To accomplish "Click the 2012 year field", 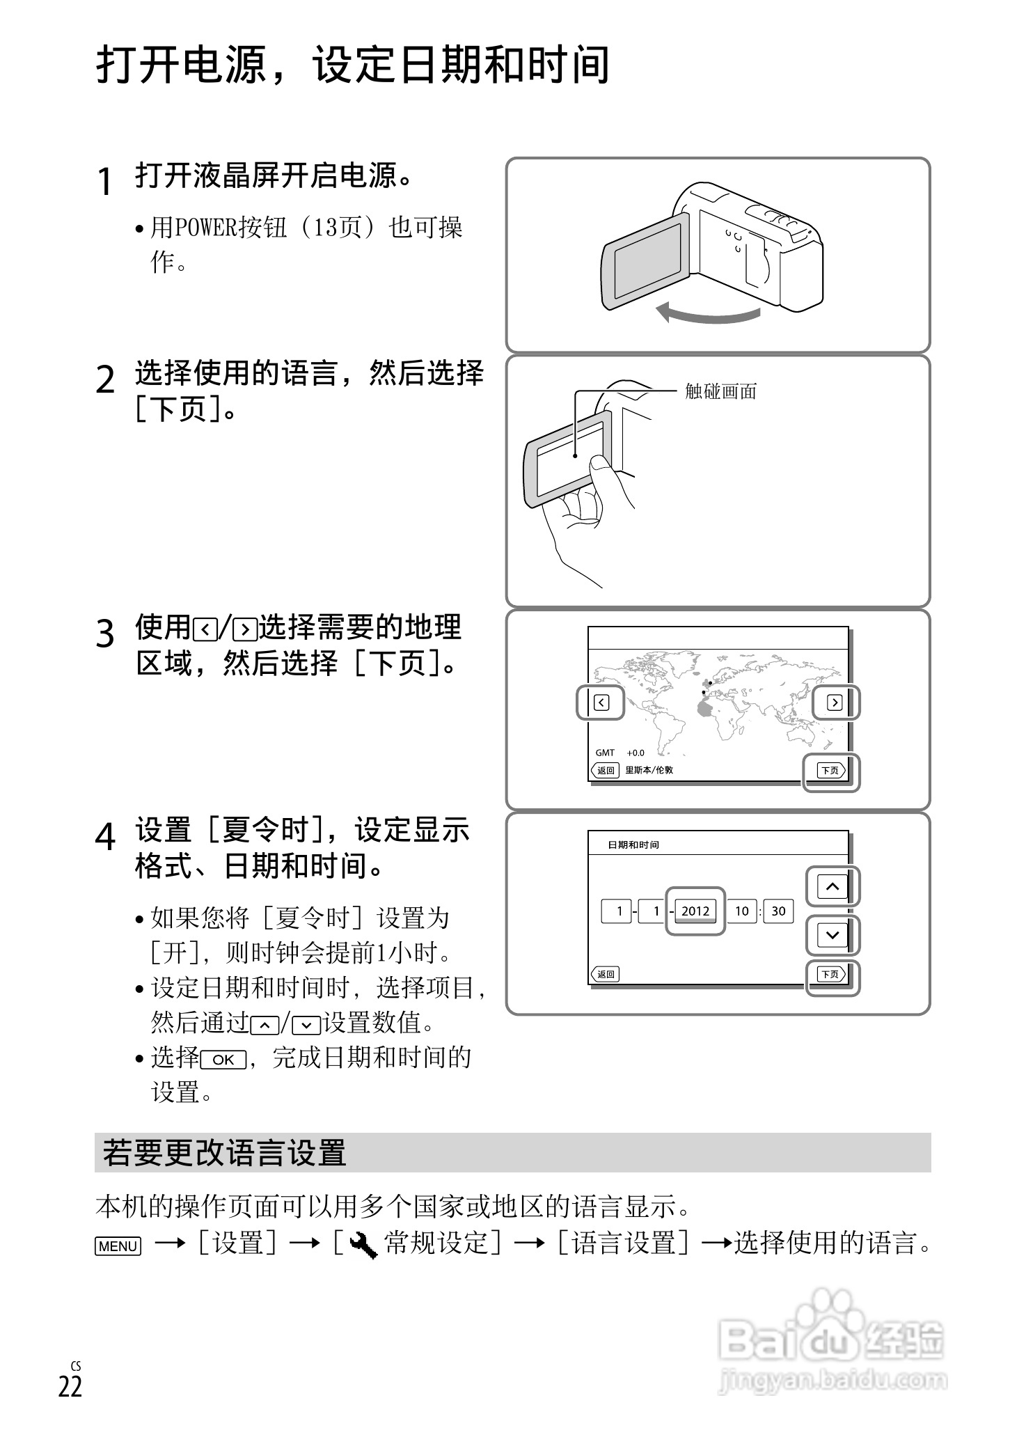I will pyautogui.click(x=695, y=911).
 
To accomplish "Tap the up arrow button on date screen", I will pyautogui.click(x=833, y=886).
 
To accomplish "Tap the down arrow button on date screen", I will pyautogui.click(x=833, y=935).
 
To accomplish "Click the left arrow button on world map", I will pyautogui.click(x=601, y=702).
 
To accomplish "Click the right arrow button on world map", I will pyautogui.click(x=835, y=702).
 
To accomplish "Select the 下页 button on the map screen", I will pyautogui.click(x=831, y=770).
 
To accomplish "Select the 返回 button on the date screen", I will pyautogui.click(x=605, y=974).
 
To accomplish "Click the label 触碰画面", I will pyautogui.click(x=720, y=391).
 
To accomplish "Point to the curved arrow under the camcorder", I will pyautogui.click(x=707, y=313).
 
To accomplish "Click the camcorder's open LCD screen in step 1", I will pyautogui.click(x=645, y=262).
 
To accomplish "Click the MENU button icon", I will pyautogui.click(x=118, y=1246).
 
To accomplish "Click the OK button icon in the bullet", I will pyautogui.click(x=223, y=1060).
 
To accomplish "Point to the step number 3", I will pyautogui.click(x=105, y=634).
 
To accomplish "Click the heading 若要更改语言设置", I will pyautogui.click(x=224, y=1153).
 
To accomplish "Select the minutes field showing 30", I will pyautogui.click(x=778, y=911).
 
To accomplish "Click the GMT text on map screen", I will pyautogui.click(x=605, y=753).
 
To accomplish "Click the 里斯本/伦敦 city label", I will pyautogui.click(x=649, y=770).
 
